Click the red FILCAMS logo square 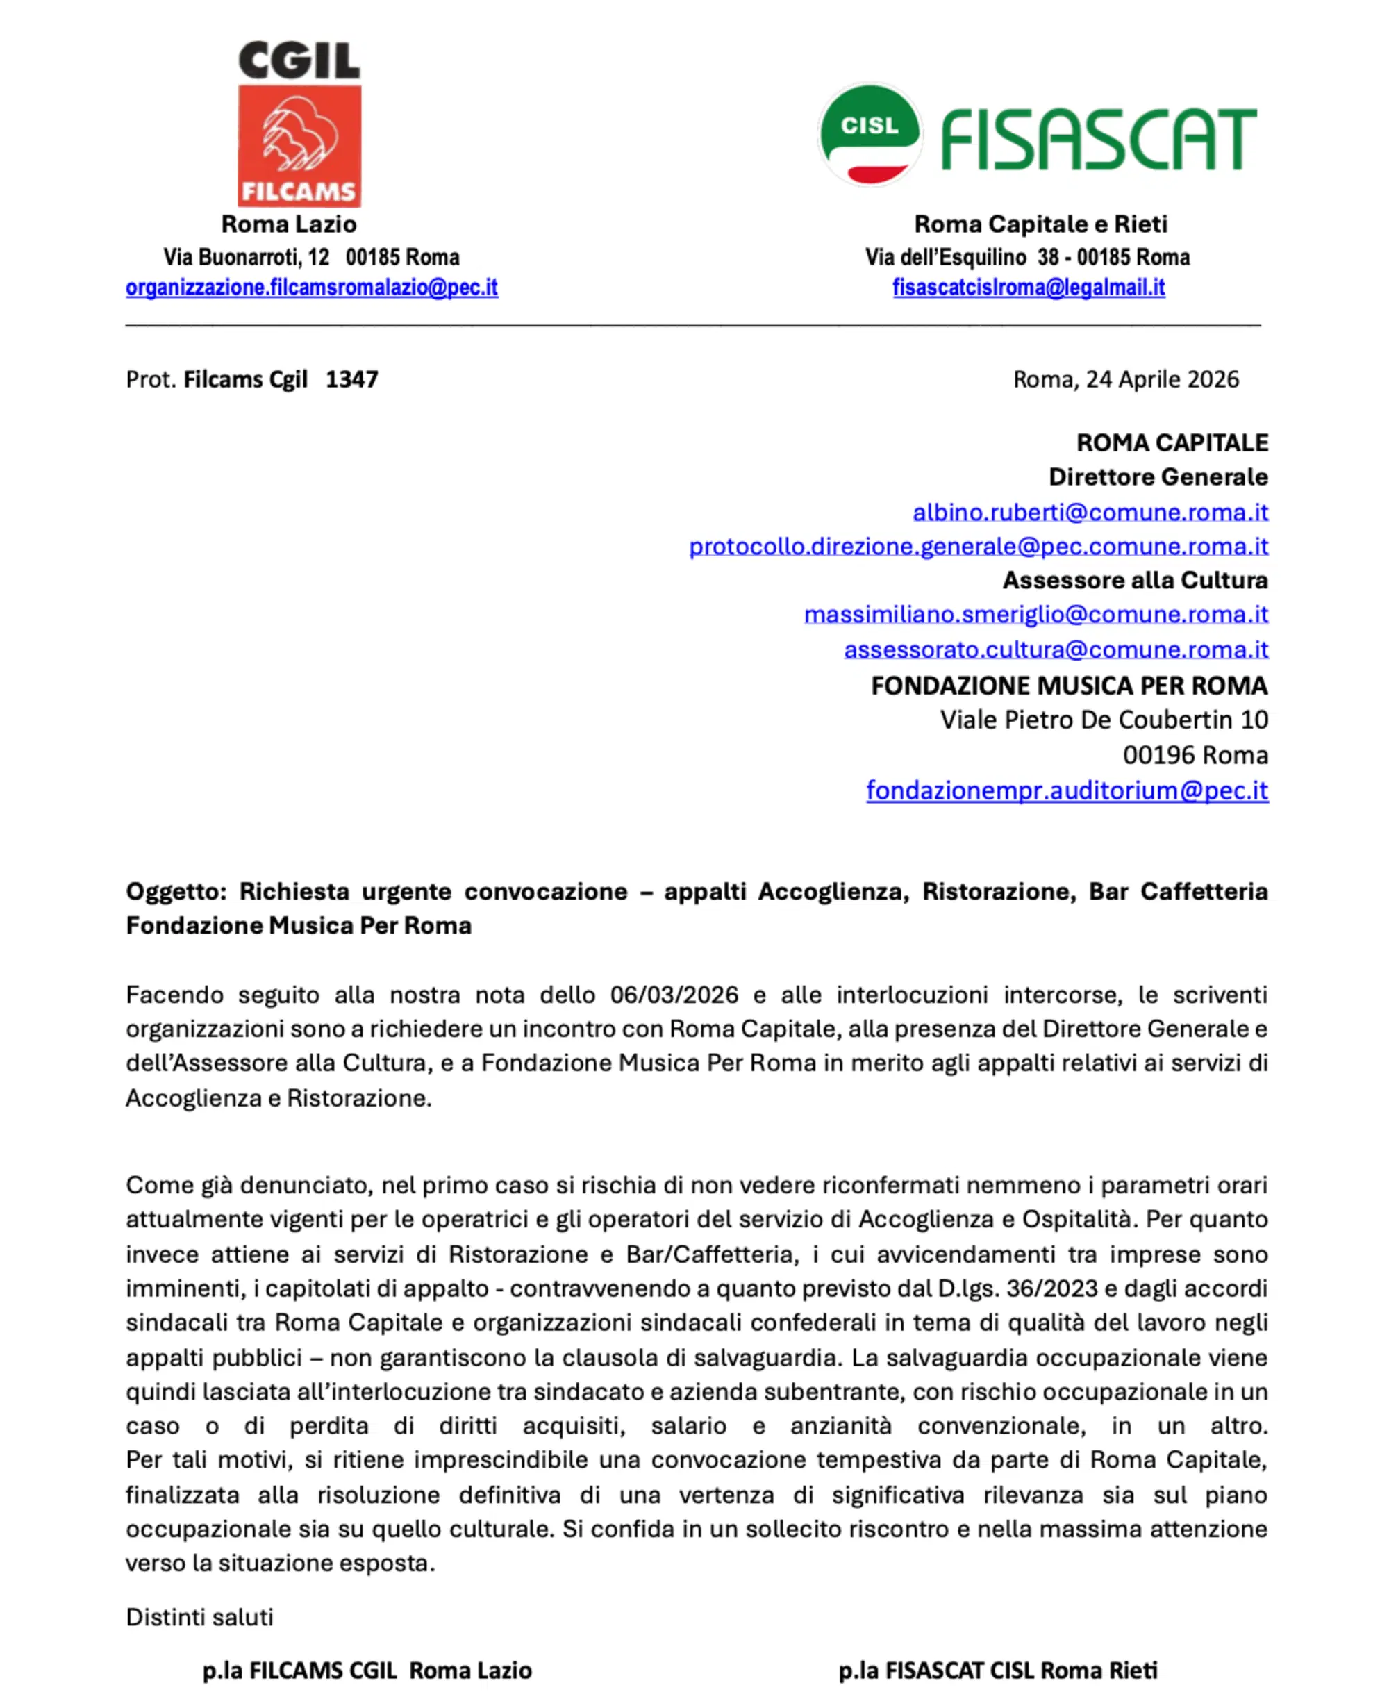[299, 146]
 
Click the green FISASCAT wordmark [1099, 140]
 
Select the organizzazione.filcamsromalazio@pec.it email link [311, 288]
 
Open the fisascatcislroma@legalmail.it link [1028, 288]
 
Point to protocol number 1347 [352, 379]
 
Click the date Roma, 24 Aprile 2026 [1125, 379]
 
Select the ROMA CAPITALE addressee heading [1172, 442]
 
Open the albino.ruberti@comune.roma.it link [1090, 512]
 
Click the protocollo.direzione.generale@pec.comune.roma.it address [978, 547]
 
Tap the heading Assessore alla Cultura [1135, 580]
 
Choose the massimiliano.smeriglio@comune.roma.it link [1035, 615]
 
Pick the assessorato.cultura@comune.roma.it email [1056, 650]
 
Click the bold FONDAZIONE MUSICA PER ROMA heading [1069, 686]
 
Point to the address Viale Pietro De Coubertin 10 [1104, 720]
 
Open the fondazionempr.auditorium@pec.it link [1067, 790]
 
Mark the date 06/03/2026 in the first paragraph [674, 995]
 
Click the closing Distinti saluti [199, 1617]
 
